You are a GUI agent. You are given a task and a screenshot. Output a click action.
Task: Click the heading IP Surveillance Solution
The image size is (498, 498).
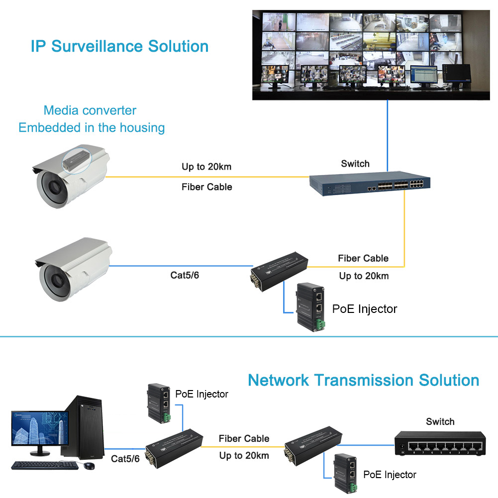tap(119, 46)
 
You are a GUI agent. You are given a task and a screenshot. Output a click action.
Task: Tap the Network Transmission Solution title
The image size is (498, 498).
tap(363, 380)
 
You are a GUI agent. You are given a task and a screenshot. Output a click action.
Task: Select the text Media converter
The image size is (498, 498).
tap(90, 110)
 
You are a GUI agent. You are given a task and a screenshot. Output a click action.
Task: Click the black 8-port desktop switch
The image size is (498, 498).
tap(440, 445)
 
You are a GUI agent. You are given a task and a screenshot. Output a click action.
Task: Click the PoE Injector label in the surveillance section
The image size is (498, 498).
tap(365, 309)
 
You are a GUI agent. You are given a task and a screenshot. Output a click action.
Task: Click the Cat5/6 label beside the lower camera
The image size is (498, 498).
tap(185, 275)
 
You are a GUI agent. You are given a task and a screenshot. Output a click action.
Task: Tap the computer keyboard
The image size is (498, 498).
tap(45, 465)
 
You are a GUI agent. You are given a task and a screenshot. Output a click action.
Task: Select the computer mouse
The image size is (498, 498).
tap(90, 466)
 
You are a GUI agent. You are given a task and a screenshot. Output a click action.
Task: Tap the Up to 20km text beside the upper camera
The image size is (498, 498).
tap(206, 167)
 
